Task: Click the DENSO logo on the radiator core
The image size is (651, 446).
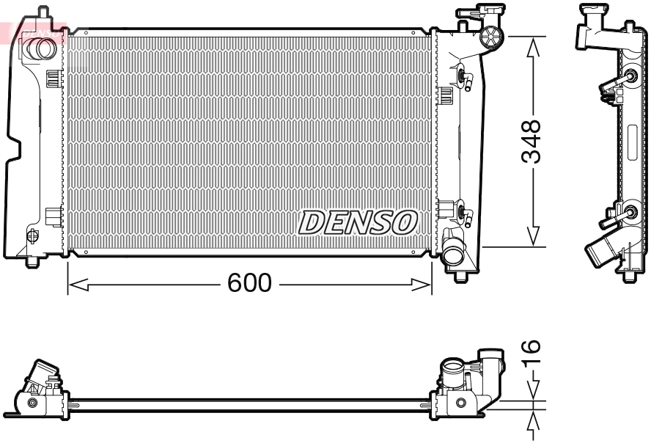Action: point(358,222)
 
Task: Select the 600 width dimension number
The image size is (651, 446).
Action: point(249,283)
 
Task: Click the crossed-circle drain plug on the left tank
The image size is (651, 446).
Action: point(32,235)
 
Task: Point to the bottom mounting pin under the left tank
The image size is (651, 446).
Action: point(32,261)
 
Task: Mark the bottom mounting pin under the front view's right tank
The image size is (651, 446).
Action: point(460,276)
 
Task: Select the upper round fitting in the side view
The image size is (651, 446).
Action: point(630,77)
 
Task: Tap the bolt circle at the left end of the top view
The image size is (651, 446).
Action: point(32,403)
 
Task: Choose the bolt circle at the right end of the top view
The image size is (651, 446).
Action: point(460,403)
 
